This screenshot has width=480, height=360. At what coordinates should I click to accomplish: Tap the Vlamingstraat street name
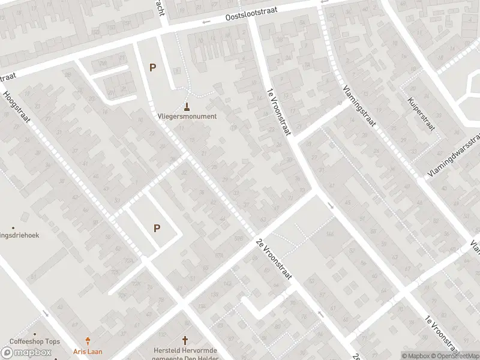360,106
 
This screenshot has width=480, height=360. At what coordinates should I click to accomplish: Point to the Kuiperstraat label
420,115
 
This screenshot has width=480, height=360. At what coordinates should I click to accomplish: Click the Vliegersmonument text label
187,116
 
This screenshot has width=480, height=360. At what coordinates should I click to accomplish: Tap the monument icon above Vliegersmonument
187,107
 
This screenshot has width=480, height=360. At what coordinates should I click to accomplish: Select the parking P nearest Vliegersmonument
152,68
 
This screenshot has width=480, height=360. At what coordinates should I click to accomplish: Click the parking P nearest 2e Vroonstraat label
157,228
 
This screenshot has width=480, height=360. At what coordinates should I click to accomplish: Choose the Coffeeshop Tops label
35,341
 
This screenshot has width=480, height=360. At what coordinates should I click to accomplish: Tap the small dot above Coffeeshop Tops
35,334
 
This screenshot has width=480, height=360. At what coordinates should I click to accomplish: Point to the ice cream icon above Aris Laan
88,340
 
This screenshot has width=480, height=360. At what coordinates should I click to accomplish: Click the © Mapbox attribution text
417,356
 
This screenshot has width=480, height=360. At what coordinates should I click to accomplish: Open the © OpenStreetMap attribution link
455,356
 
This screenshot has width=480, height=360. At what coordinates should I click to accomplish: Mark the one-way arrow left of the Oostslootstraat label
206,22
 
